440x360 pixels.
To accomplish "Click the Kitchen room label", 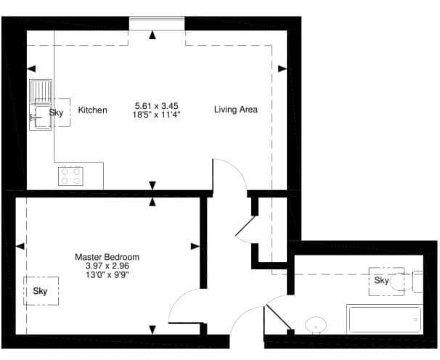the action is [x=92, y=110].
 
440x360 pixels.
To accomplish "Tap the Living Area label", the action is [x=236, y=110].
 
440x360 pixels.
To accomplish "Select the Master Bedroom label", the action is [x=107, y=257].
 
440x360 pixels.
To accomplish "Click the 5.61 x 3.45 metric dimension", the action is [x=157, y=106].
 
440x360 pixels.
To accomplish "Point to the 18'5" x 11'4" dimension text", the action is [x=156, y=115].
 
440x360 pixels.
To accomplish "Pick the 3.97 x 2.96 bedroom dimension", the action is [x=107, y=266].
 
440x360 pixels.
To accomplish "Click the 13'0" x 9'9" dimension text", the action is [x=107, y=274].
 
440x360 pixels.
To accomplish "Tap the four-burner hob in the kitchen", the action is [x=70, y=176].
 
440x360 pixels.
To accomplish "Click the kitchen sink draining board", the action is [x=41, y=91].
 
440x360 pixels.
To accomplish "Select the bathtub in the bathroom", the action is [x=385, y=319].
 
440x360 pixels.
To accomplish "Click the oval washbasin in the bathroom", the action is [x=316, y=325].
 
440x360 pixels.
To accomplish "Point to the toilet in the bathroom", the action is [x=406, y=282].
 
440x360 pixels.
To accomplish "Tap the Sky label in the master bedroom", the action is [x=40, y=291].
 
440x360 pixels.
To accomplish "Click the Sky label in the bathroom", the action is [x=382, y=280].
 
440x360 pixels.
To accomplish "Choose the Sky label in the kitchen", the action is [x=56, y=112].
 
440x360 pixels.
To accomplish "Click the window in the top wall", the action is [x=157, y=19].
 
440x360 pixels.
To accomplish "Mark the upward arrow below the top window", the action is [x=152, y=35].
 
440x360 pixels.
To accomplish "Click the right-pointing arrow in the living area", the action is [x=282, y=68].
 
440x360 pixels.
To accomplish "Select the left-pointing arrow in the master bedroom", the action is [x=20, y=246].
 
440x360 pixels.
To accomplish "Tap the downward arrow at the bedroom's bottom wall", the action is [x=152, y=330].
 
